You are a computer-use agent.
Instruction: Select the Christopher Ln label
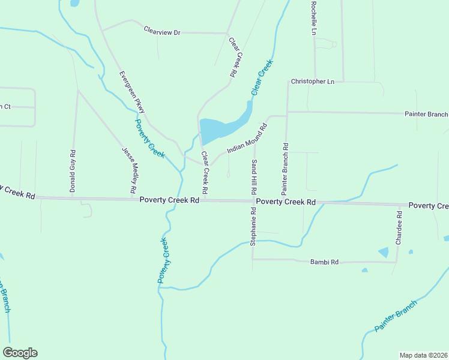pyautogui.click(x=312, y=81)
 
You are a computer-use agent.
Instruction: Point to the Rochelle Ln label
pyautogui.click(x=313, y=18)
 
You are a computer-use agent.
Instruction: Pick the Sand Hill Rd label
pyautogui.click(x=254, y=177)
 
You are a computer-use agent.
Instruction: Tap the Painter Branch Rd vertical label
pyautogui.click(x=285, y=163)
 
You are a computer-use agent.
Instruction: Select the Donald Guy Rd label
pyautogui.click(x=73, y=171)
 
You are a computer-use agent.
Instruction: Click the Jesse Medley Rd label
pyautogui.click(x=129, y=170)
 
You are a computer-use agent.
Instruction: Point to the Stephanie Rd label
pyautogui.click(x=254, y=227)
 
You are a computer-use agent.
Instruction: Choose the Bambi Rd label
pyautogui.click(x=325, y=262)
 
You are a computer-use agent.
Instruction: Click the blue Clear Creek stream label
pyautogui.click(x=262, y=77)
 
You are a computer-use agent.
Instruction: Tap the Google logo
pyautogui.click(x=20, y=353)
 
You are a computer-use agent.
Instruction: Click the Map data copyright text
pyautogui.click(x=423, y=355)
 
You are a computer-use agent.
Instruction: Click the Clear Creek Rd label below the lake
pyautogui.click(x=205, y=172)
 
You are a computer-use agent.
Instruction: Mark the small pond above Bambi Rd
pyautogui.click(x=383, y=253)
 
